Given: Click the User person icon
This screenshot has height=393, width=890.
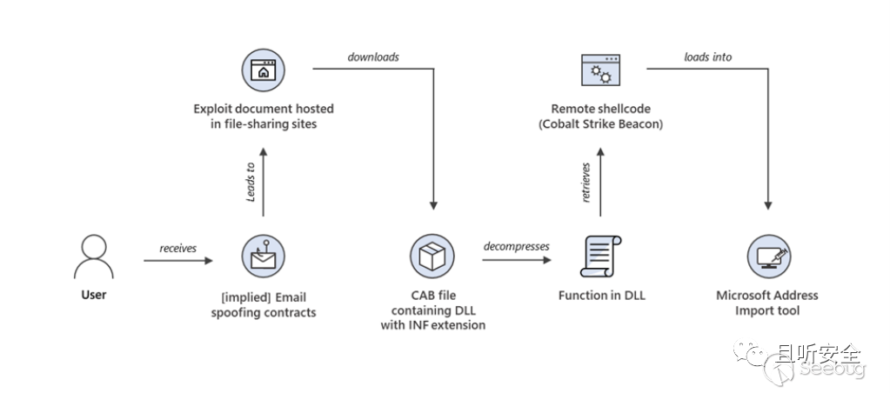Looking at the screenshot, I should pos(94,256).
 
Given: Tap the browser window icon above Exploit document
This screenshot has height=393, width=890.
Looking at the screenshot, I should pos(263,72).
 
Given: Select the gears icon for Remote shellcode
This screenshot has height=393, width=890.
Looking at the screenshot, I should pos(600,72).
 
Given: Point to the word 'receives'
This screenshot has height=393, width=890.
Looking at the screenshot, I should pos(178,249).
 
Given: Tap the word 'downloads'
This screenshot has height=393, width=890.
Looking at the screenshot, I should pos(373,57).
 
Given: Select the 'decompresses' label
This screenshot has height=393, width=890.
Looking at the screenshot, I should pos(517,246).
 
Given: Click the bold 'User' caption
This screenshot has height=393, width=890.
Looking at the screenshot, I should pos(94,295).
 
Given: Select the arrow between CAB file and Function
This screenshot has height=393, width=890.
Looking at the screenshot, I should pos(517,260).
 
